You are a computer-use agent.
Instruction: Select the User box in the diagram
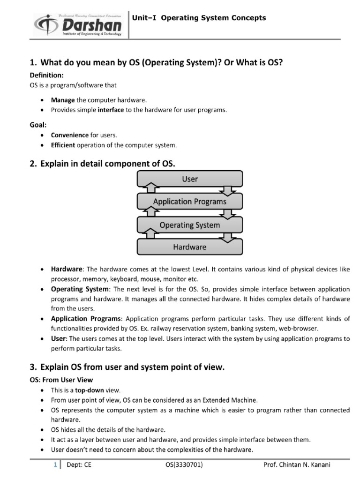tap(189, 179)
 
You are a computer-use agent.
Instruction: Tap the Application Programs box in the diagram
tap(189, 202)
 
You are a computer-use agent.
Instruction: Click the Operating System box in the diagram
tap(189, 225)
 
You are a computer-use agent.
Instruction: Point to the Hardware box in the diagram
tap(189, 247)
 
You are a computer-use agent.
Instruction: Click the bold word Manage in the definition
tap(62, 100)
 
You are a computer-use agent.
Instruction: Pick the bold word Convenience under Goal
tap(70, 135)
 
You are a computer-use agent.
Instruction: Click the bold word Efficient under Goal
tap(63, 145)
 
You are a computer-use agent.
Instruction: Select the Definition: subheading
tap(46, 75)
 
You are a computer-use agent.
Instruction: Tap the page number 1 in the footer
tap(55, 465)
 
